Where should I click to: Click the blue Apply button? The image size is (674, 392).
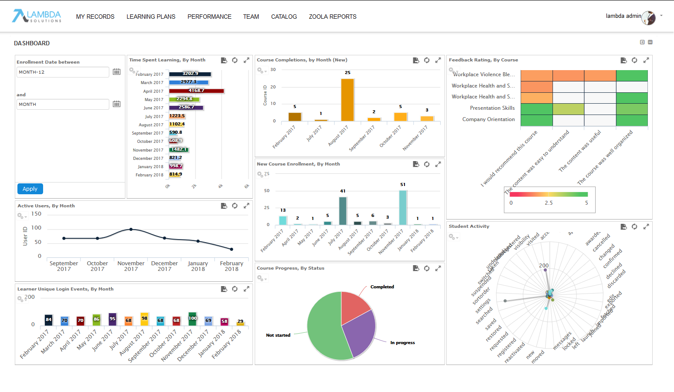pyautogui.click(x=30, y=189)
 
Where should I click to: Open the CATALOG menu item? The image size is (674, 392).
pyautogui.click(x=284, y=17)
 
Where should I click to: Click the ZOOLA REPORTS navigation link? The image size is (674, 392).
pyautogui.click(x=333, y=17)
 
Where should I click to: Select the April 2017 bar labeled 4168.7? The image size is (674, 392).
pyautogui.click(x=196, y=91)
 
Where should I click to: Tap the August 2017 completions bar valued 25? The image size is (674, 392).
pyautogui.click(x=347, y=100)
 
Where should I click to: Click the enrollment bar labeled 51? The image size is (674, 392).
pyautogui.click(x=403, y=207)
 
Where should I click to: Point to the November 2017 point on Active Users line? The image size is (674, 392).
pyautogui.click(x=131, y=229)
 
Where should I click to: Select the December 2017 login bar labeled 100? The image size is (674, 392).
pyautogui.click(x=192, y=319)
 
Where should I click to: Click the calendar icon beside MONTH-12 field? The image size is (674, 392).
pyautogui.click(x=117, y=72)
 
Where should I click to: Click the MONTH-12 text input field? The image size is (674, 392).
pyautogui.click(x=63, y=72)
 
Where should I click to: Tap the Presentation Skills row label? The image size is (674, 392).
pyautogui.click(x=492, y=108)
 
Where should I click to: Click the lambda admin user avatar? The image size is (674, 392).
pyautogui.click(x=648, y=18)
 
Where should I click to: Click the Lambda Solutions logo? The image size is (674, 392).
pyautogui.click(x=37, y=16)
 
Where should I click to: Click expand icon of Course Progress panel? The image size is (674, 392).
pyautogui.click(x=438, y=268)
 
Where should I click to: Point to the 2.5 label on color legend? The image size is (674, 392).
pyautogui.click(x=549, y=203)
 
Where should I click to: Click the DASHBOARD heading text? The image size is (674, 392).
pyautogui.click(x=32, y=43)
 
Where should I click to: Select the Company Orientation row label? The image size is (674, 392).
pyautogui.click(x=489, y=119)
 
